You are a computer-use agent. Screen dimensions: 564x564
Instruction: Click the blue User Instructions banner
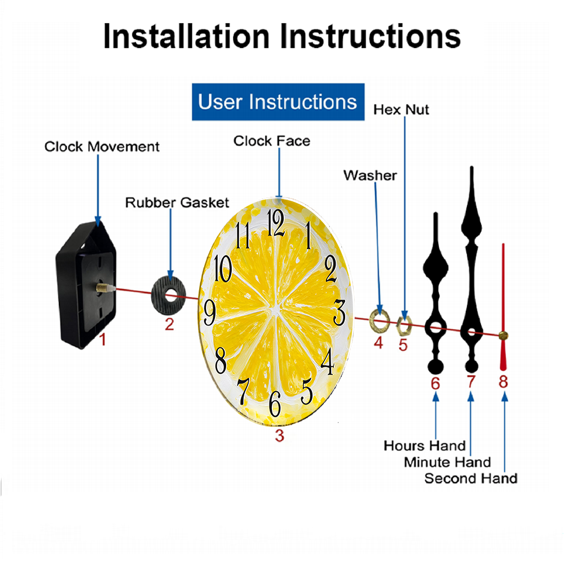tap(278, 102)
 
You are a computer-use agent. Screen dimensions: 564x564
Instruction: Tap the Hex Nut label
tap(401, 110)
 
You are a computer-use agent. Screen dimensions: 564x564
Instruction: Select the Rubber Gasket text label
tap(177, 202)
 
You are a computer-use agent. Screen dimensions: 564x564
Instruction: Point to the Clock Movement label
tap(102, 147)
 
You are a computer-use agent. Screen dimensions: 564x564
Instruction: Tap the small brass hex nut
tap(404, 326)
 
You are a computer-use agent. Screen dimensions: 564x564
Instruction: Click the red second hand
tap(503, 307)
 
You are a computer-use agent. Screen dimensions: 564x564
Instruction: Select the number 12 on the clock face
tap(276, 223)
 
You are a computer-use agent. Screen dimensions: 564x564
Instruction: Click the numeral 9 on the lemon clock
tap(210, 312)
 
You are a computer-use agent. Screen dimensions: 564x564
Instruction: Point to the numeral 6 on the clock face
tap(275, 404)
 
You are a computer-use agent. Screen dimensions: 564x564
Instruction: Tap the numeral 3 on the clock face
tap(339, 312)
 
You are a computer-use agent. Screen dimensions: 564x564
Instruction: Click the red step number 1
tap(103, 340)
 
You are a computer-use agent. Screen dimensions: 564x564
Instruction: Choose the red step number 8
tap(503, 382)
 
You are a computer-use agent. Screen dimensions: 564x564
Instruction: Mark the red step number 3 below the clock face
tap(280, 435)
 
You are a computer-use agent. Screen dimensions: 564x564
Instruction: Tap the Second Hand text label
tap(471, 478)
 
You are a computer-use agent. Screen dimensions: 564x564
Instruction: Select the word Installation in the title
tap(186, 36)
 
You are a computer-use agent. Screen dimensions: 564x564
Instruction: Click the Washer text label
tap(370, 175)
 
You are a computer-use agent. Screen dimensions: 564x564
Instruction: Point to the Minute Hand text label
tap(447, 462)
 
